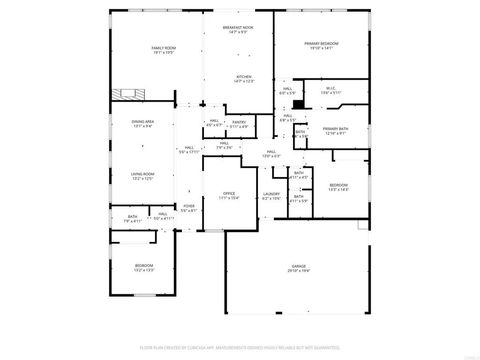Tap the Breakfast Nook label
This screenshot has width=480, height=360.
click(x=238, y=28)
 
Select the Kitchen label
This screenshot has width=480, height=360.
click(x=243, y=76)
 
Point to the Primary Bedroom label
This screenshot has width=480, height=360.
click(x=321, y=43)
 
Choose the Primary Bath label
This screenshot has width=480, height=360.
click(x=334, y=128)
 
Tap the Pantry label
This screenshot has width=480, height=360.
click(x=239, y=122)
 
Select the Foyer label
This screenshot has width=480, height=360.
click(x=189, y=207)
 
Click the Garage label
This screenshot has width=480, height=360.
click(x=298, y=265)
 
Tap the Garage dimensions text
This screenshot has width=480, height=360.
click(x=298, y=270)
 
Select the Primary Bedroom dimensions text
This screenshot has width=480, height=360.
click(x=321, y=48)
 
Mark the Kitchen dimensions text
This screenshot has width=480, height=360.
click(x=243, y=81)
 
